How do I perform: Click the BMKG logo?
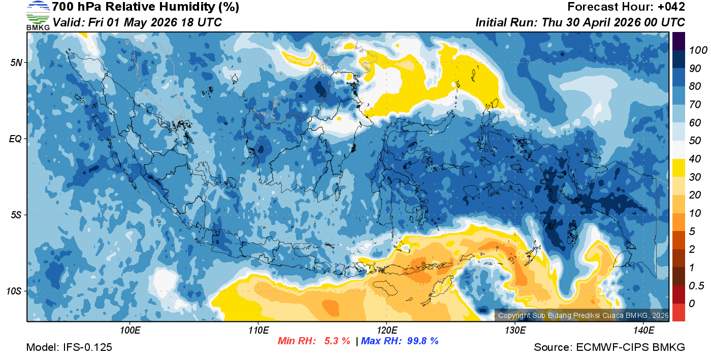click(38, 15)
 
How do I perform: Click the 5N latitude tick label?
click(17, 62)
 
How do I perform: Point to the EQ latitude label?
click(16, 139)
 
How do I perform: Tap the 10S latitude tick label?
click(15, 291)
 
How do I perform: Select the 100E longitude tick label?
click(130, 331)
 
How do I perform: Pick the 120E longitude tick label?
click(386, 331)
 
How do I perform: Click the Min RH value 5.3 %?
click(337, 341)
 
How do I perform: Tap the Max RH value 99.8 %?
click(423, 341)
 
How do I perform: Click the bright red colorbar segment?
click(678, 312)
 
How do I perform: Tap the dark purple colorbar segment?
click(678, 41)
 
